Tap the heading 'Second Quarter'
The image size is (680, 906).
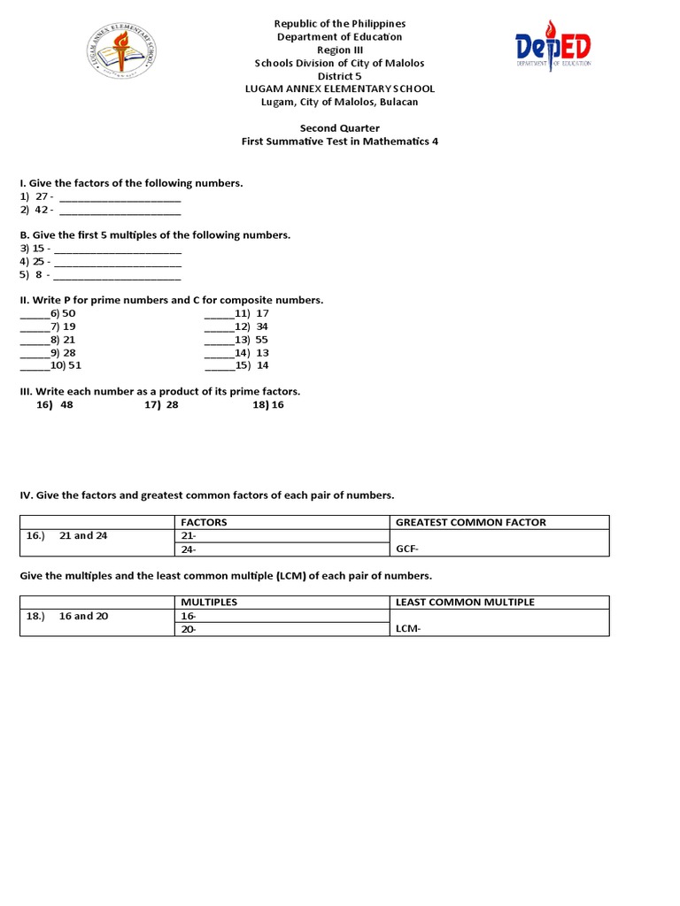[x=339, y=128]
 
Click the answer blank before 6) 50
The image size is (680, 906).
[x=35, y=315]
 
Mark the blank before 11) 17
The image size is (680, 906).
[x=219, y=315]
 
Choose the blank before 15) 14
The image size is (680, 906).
[x=219, y=366]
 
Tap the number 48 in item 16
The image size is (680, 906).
[x=67, y=405]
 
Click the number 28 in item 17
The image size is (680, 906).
[x=172, y=405]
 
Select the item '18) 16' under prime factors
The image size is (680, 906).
[x=268, y=405]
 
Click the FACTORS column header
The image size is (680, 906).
[x=204, y=522]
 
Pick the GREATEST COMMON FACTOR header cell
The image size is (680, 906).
[x=471, y=522]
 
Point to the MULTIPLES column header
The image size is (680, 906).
[x=209, y=602]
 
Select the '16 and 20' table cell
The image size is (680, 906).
[x=84, y=616]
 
